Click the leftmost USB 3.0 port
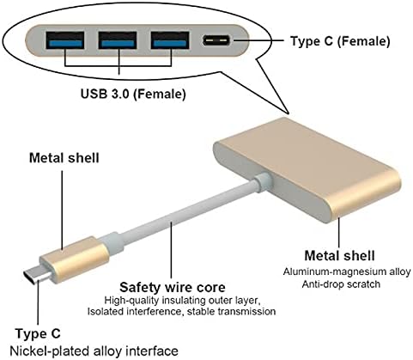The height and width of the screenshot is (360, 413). coord(65,40)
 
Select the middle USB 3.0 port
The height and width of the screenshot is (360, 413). coord(118,40)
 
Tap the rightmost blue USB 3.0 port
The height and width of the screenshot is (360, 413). coord(170,40)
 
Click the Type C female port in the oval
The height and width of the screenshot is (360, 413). coord(216,40)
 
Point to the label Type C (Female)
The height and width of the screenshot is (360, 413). coord(340,41)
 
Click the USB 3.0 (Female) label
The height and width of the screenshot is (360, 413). coord(133,94)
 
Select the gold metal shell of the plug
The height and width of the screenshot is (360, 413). coord(75,259)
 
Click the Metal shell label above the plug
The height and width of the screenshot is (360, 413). coord(64,158)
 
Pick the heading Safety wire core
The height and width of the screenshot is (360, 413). coord(173,287)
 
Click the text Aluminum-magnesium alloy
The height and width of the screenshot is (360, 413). coord(347,272)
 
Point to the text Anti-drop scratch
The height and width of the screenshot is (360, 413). coord(341,284)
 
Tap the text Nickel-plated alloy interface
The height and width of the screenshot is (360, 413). coord(94,351)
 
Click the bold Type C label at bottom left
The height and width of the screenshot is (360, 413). coord(38,334)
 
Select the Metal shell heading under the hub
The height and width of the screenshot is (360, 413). coord(339,256)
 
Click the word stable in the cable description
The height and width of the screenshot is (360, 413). coord(201,311)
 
